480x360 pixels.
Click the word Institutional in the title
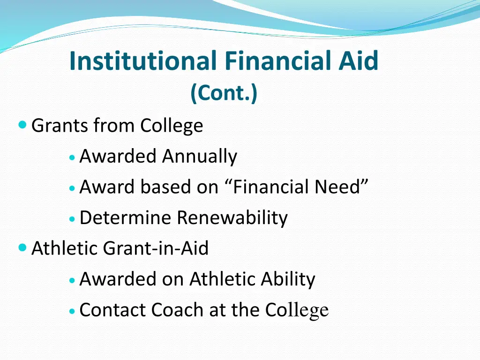click(143, 61)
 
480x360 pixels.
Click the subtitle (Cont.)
click(224, 93)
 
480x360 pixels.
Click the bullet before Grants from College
click(22, 125)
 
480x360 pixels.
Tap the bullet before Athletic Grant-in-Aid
click(22, 247)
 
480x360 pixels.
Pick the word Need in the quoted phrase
click(339, 187)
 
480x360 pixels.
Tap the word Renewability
click(232, 217)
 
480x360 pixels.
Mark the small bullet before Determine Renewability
click(71, 218)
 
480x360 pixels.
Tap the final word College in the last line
click(297, 310)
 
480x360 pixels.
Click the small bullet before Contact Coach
click(71, 311)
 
